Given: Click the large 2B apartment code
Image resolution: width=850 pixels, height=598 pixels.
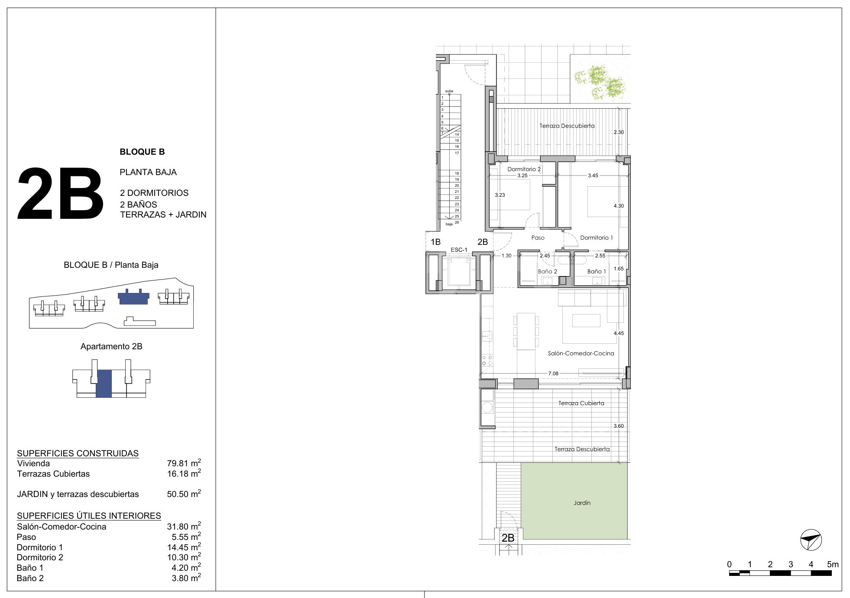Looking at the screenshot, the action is tap(61, 194).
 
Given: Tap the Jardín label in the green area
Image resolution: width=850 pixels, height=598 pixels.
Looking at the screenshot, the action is tap(582, 503).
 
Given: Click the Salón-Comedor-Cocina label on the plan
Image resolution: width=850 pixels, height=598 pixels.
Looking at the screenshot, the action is tap(581, 353).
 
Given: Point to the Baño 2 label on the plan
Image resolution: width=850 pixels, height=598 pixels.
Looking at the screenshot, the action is tap(547, 271).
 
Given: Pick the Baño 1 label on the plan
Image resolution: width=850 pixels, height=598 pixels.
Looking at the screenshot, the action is tap(597, 271).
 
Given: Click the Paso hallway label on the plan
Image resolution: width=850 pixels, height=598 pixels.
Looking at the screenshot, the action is tap(538, 237).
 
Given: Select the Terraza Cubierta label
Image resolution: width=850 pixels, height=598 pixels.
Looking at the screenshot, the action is tap(581, 403).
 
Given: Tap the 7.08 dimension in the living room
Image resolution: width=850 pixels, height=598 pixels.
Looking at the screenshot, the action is tap(553, 373).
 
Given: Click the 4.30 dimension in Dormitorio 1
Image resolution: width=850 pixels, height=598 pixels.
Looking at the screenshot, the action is tap(619, 206).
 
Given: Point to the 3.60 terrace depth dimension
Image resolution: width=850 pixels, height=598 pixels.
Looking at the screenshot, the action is tap(619, 426).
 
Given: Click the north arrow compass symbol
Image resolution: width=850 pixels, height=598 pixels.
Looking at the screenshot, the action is tap(811, 540).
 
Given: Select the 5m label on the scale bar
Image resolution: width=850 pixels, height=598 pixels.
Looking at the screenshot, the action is tap(833, 564).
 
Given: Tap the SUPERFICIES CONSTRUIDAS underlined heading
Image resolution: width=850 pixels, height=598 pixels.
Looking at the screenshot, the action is tap(78, 453).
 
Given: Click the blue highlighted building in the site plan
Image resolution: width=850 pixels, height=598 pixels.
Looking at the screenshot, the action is tap(133, 297).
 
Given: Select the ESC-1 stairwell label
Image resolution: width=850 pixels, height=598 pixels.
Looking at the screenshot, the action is tap(459, 250).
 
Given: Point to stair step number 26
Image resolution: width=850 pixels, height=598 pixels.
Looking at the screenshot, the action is tap(457, 222).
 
